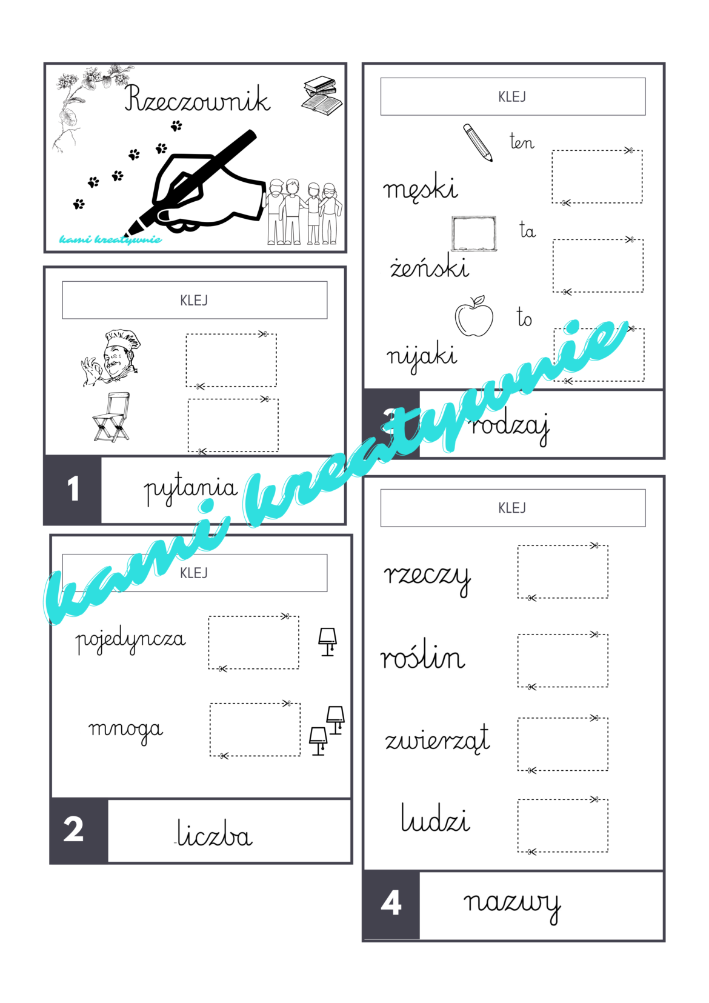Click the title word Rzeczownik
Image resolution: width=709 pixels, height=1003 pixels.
[x=197, y=99]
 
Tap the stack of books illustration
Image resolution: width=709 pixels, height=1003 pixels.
[x=322, y=95]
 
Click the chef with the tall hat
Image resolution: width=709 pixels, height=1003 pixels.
[x=111, y=358]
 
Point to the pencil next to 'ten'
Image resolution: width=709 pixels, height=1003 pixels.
[x=478, y=142]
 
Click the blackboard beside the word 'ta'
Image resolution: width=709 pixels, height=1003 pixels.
[x=474, y=233]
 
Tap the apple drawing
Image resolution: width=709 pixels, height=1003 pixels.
[x=474, y=316]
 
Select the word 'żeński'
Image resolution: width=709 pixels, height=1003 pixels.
[x=429, y=267]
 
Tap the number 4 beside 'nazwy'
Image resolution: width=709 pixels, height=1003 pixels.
[x=391, y=903]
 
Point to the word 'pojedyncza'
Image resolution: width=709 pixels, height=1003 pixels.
[x=130, y=641]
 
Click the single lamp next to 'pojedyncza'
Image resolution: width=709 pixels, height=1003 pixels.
[x=328, y=642]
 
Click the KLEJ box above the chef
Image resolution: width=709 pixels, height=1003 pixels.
[x=195, y=300]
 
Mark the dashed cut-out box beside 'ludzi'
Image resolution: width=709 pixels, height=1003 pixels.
[x=562, y=825]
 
